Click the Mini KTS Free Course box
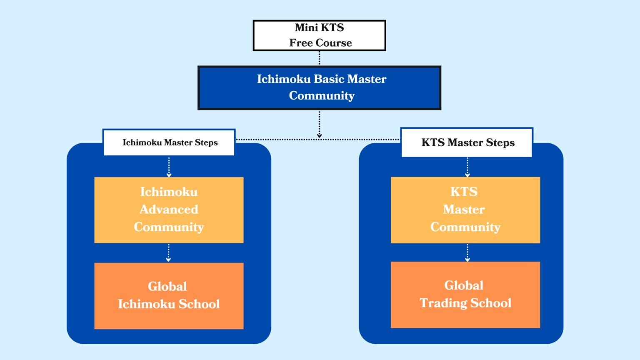319,35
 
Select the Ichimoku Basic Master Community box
319,87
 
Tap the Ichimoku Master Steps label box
169,142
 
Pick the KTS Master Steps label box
467,142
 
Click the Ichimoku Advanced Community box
169,210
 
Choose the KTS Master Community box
465,210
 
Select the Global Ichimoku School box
169,295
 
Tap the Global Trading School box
465,295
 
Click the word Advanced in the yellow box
169,209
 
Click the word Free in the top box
301,43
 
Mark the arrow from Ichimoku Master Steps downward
169,167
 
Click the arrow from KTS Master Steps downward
467,167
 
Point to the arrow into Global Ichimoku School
168,253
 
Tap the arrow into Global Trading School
467,252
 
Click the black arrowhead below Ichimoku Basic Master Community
319,135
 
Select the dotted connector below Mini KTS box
319,58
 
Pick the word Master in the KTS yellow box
464,209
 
